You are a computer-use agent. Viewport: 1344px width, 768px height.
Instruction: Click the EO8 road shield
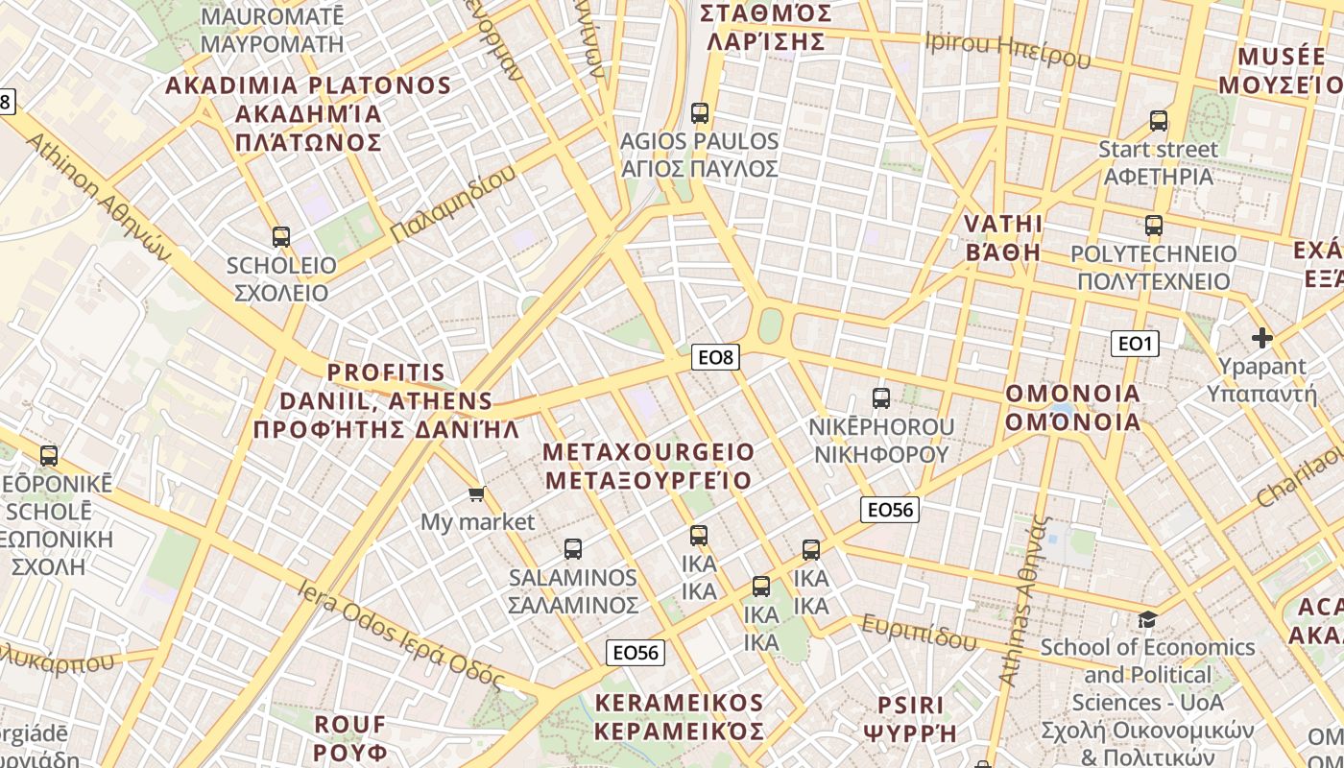pos(715,357)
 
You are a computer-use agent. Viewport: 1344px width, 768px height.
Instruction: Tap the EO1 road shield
pos(1135,343)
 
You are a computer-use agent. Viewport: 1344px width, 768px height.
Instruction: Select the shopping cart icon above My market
pos(476,494)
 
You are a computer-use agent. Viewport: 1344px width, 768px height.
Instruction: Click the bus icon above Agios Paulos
pos(700,113)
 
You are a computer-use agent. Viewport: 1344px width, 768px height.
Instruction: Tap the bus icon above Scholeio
pos(281,236)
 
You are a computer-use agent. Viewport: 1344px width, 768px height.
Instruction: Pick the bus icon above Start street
pos(1159,121)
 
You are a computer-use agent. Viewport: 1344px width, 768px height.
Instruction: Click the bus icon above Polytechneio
pos(1154,227)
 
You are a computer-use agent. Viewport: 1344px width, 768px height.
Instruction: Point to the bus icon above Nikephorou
pos(881,397)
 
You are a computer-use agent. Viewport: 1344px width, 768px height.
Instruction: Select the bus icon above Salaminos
pos(573,549)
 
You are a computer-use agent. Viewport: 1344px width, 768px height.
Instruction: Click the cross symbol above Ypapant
pos(1262,338)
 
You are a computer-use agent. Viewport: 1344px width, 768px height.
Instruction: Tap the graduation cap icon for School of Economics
pos(1147,619)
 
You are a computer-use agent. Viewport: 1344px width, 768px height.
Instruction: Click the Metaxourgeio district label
pos(649,466)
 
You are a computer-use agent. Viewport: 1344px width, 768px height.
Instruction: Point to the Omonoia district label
pos(1072,407)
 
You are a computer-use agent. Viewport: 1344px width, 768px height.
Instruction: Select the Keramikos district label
pos(679,717)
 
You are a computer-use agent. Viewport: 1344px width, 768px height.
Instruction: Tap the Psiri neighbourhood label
pos(910,719)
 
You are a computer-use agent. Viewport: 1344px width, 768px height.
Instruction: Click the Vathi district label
pos(1002,237)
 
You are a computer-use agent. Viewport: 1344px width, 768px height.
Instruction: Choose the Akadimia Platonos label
pos(308,113)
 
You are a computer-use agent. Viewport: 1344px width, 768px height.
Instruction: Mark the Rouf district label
pos(350,737)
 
